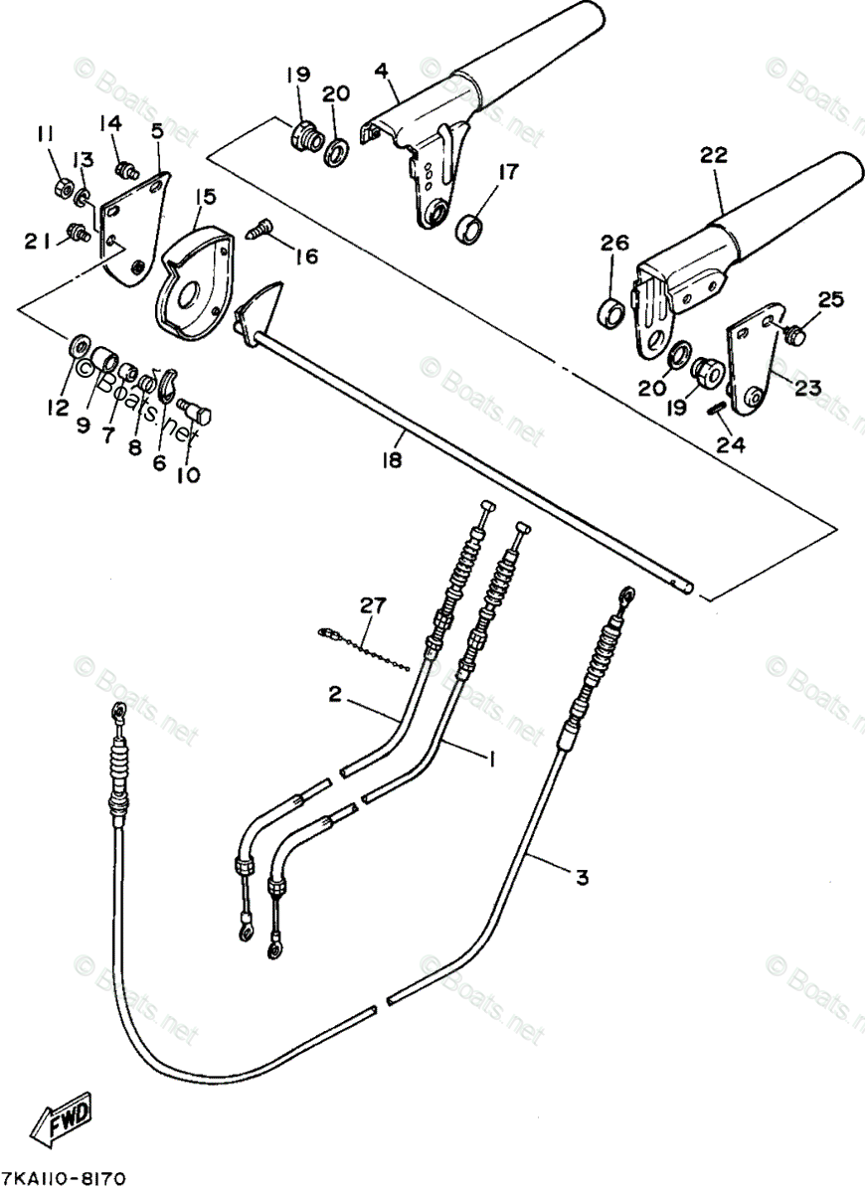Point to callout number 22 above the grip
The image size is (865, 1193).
pyautogui.click(x=714, y=155)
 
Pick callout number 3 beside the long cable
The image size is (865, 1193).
pyautogui.click(x=582, y=877)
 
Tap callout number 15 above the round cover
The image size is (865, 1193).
pyautogui.click(x=204, y=199)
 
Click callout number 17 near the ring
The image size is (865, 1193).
pyautogui.click(x=508, y=172)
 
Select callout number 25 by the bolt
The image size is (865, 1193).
pyautogui.click(x=830, y=298)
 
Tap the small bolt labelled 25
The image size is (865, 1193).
pyautogui.click(x=794, y=336)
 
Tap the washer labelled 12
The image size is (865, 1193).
pyautogui.click(x=76, y=348)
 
